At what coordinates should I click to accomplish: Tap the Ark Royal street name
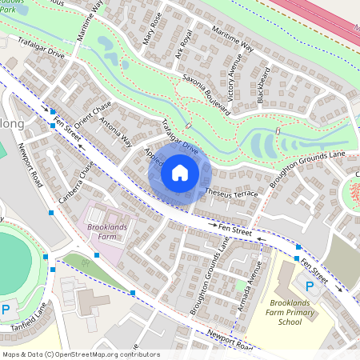point(184,46)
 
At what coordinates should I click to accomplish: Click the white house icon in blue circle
point(180,172)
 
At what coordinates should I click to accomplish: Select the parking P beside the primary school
point(309,286)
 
